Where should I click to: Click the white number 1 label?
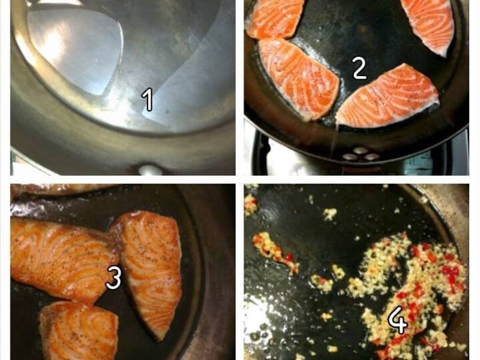(x=148, y=99)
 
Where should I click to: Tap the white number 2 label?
(x=359, y=68)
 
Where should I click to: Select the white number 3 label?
(x=113, y=277)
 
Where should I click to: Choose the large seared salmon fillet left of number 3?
(x=61, y=260)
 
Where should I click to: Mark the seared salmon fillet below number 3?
(x=79, y=331)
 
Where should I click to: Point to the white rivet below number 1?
(x=151, y=170)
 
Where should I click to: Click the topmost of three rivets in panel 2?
(x=360, y=151)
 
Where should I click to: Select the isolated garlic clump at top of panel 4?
(x=329, y=214)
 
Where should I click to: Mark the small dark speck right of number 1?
(x=167, y=112)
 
